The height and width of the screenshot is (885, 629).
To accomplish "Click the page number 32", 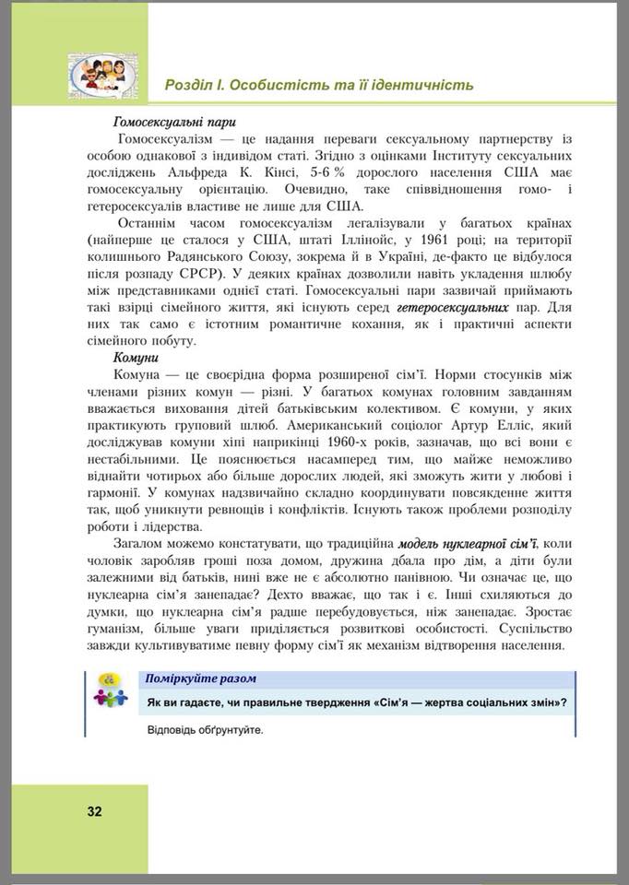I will click(x=94, y=812).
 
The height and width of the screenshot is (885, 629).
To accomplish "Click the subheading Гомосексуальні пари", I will click(x=175, y=121).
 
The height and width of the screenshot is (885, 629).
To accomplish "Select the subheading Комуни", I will click(x=136, y=357).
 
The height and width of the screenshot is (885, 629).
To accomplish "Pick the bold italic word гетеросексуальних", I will click(x=452, y=306).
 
